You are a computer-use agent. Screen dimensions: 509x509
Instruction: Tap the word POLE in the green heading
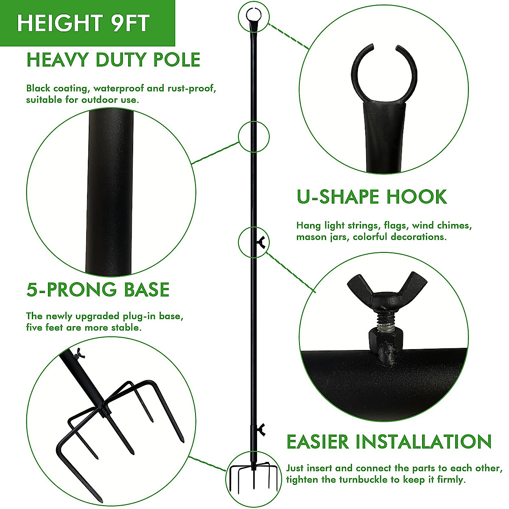click(x=176, y=60)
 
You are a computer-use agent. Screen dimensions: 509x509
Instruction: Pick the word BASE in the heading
click(x=147, y=290)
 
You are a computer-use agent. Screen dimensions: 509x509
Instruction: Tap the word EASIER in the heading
click(x=318, y=442)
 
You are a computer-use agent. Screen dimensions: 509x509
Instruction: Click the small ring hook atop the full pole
click(x=253, y=16)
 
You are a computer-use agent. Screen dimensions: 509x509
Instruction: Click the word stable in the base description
click(x=125, y=327)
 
